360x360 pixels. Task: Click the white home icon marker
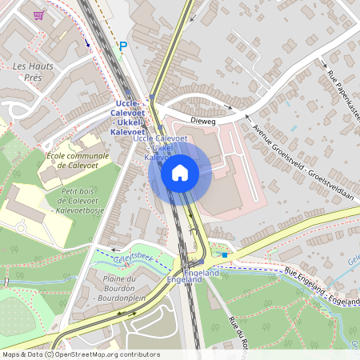point(180,173)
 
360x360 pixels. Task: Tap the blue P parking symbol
point(123,47)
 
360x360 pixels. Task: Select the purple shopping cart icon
point(38,14)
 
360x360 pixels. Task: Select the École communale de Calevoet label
point(76,164)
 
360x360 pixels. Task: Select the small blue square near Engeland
point(225,255)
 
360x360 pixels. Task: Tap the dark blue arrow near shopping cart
point(86,42)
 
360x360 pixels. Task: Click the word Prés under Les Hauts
point(34,78)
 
